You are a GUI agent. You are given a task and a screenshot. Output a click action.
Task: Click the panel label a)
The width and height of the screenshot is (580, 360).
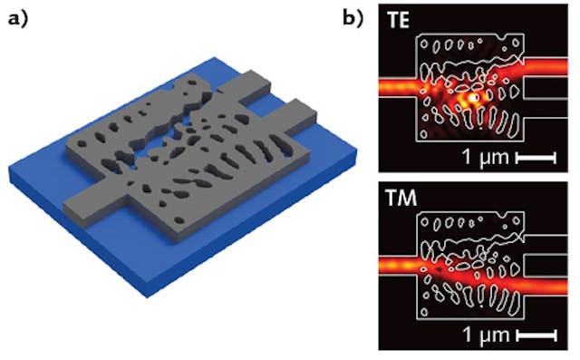19,16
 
